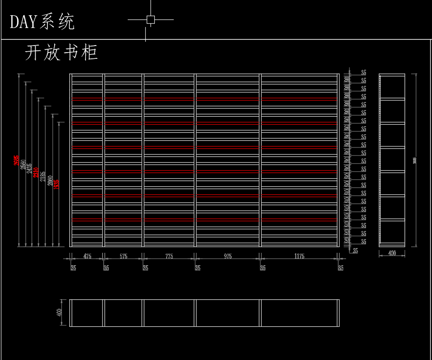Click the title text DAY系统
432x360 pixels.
42,22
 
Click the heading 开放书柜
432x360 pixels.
61,53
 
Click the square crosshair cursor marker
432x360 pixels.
150,19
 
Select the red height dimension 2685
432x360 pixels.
17,161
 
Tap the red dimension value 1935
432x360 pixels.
56,184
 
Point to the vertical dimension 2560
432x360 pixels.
23,165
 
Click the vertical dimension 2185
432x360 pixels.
43,176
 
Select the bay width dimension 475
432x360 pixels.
87,257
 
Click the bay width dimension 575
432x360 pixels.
123,257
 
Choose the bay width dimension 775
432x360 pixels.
169,257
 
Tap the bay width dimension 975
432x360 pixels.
227,257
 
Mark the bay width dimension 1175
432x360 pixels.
299,257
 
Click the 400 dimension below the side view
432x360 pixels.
392,253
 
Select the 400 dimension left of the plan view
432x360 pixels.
59,313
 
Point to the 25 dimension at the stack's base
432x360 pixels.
356,250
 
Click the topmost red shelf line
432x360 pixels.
204,99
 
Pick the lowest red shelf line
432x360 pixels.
204,220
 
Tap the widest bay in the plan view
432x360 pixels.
299,313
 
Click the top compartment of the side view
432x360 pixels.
392,86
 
